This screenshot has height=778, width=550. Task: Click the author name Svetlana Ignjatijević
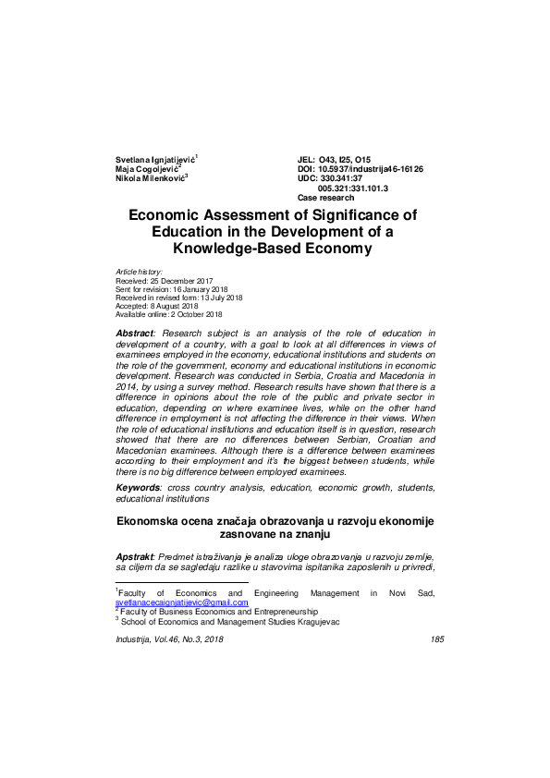(155, 160)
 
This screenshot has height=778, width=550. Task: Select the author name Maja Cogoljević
(147, 169)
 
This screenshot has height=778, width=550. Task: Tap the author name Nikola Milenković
(151, 178)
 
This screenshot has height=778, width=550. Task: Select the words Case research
(325, 198)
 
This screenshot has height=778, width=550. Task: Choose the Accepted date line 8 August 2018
(157, 306)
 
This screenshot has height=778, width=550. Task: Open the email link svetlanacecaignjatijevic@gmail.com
(182, 602)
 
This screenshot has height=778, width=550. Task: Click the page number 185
(438, 639)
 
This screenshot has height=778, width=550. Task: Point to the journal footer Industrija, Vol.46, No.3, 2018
(169, 639)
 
